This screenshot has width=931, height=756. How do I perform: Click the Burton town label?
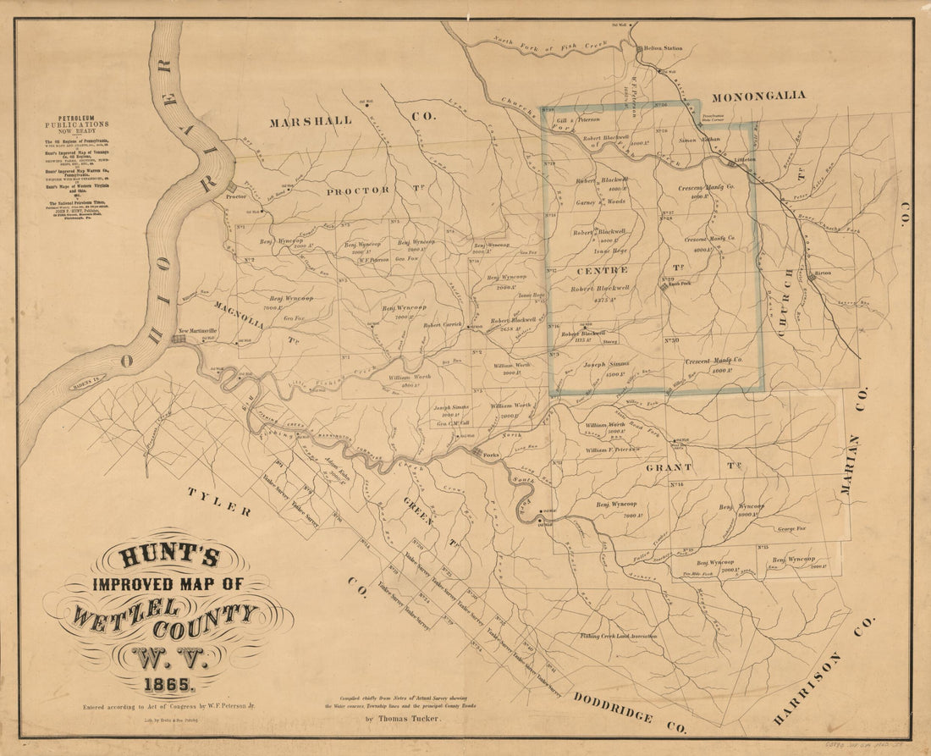click(823, 275)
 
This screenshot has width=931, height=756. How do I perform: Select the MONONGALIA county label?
click(758, 96)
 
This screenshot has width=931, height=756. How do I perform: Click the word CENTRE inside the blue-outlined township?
click(602, 270)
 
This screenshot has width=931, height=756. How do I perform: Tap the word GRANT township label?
click(669, 466)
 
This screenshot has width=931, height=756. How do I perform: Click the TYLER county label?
click(219, 502)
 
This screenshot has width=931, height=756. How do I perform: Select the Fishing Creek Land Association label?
click(618, 634)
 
